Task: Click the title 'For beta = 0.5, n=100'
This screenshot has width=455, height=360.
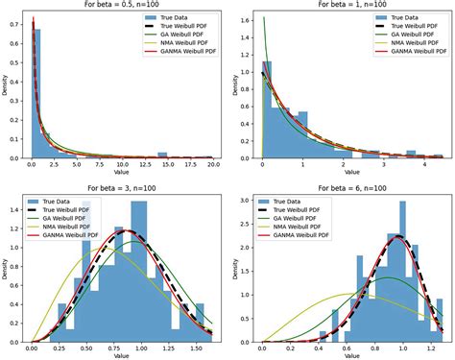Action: click(125, 6)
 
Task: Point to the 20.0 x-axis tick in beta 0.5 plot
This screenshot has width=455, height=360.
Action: click(214, 166)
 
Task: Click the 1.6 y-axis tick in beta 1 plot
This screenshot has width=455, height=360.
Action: click(249, 19)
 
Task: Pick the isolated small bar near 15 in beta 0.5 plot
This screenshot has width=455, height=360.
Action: click(162, 155)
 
